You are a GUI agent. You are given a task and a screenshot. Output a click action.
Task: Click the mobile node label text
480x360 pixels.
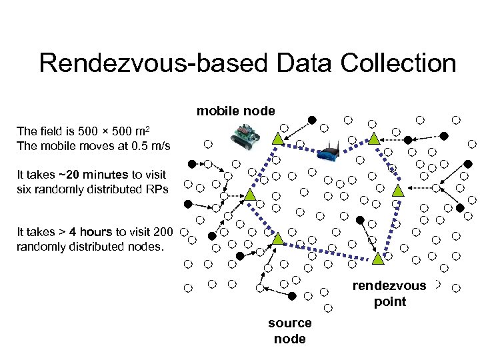coord(235,111)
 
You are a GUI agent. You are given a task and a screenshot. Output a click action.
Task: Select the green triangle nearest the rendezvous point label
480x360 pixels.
coord(377,257)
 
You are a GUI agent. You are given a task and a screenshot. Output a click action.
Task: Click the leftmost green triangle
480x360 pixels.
coord(249,194)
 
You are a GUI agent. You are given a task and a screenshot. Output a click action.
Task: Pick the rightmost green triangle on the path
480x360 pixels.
coord(398,190)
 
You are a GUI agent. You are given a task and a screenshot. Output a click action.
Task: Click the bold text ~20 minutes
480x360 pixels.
coord(93,175)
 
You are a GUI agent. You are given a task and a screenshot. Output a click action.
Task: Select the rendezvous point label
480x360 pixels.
coord(390,293)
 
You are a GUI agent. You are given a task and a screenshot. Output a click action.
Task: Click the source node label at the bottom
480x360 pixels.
coord(289,331)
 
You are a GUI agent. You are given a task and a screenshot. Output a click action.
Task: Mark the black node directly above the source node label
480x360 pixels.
coord(292,295)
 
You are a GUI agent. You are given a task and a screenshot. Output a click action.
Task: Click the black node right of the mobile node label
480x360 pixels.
coord(311,120)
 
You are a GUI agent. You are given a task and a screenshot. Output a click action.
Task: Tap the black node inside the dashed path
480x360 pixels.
coord(360,220)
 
